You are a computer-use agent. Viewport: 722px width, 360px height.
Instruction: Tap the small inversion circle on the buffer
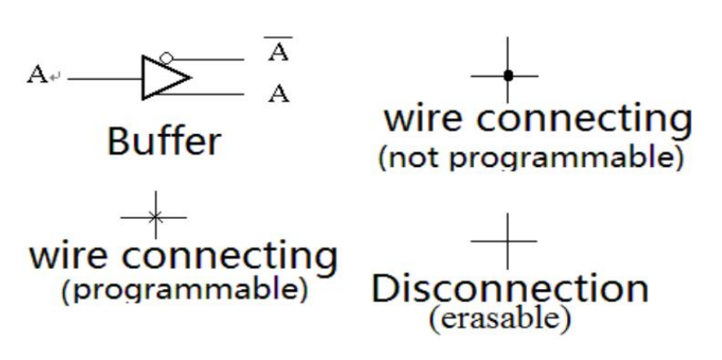(x=165, y=58)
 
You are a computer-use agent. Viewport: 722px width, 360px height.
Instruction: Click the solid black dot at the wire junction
(x=508, y=76)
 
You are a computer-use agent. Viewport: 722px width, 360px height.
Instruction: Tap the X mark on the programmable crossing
(x=154, y=216)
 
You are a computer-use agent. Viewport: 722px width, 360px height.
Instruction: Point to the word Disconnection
(x=509, y=288)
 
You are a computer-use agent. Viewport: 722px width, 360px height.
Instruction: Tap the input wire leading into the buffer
(x=104, y=76)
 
